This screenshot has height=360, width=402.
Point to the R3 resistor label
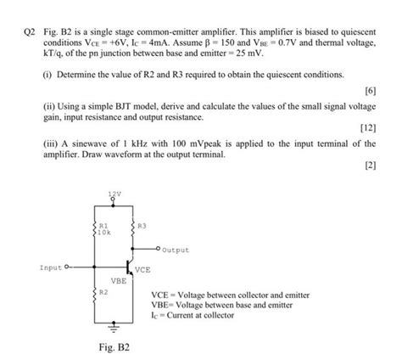point(142,225)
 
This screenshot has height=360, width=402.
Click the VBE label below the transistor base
point(118,279)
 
